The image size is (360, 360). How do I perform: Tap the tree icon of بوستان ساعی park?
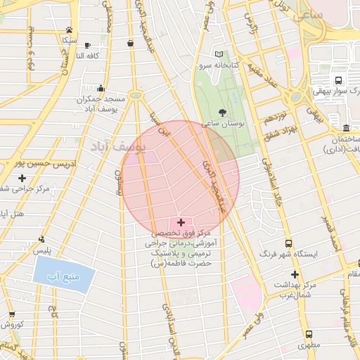[x=223, y=112]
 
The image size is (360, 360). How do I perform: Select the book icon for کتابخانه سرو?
[x=219, y=54]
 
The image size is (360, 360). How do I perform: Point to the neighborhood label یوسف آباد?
[x=116, y=146]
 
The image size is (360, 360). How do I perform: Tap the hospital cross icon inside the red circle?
[x=181, y=222]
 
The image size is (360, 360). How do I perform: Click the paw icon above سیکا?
[x=69, y=30]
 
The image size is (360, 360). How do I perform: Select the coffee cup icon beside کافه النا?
[x=131, y=44]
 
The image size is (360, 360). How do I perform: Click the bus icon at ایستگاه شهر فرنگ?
[x=288, y=243]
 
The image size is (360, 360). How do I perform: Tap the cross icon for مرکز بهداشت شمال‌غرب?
[x=295, y=274]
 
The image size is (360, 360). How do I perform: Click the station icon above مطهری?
[x=308, y=335]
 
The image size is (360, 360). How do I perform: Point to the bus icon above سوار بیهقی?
[x=338, y=80]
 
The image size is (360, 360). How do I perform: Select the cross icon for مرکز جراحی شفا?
[x=22, y=179]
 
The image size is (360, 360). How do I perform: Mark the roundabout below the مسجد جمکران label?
[x=135, y=95]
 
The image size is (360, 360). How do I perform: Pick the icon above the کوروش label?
[x=12, y=314]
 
